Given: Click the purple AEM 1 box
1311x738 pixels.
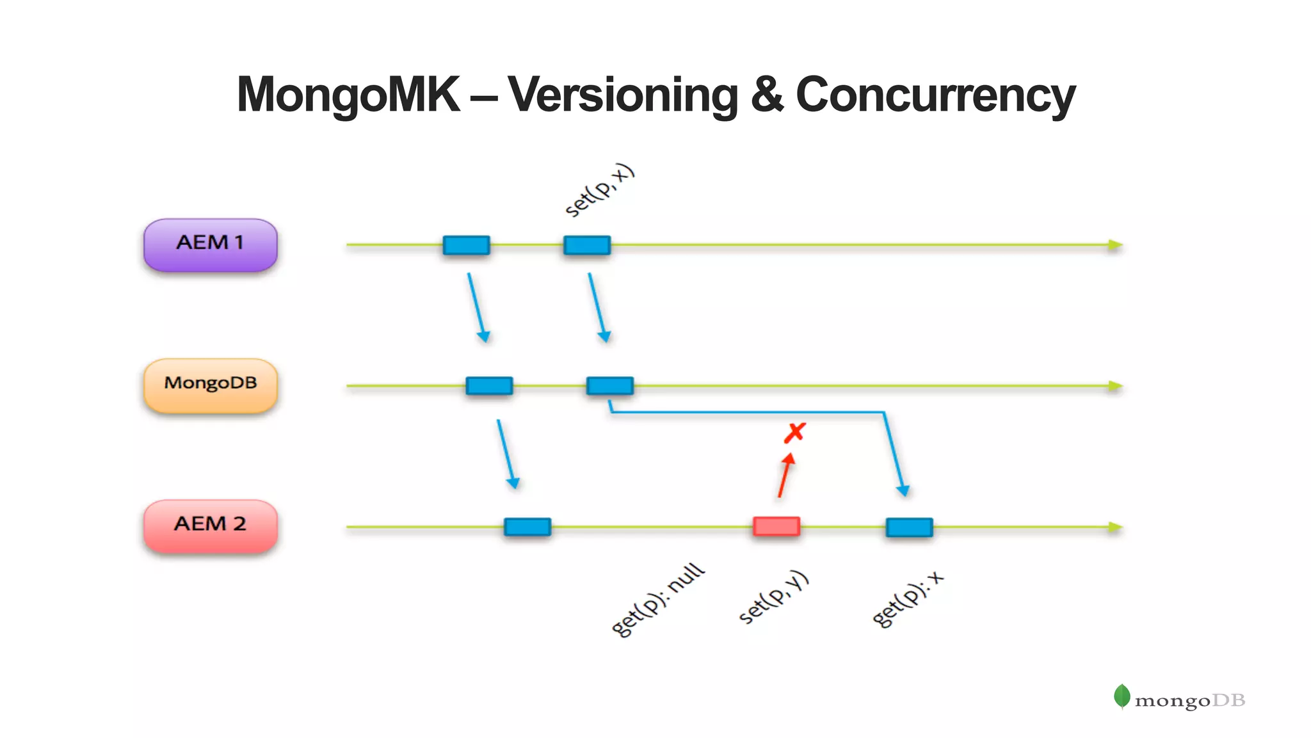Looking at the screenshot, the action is tap(210, 245).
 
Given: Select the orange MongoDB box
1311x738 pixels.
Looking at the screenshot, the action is tap(210, 385).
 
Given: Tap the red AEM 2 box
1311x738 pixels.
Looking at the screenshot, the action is tap(210, 525).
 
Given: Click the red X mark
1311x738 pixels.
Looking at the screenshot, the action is tap(794, 433).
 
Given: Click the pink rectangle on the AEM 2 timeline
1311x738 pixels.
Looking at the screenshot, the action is tap(776, 526).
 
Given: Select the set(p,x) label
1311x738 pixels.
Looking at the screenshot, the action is tap(599, 190).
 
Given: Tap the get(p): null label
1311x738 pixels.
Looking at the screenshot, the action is tap(657, 600).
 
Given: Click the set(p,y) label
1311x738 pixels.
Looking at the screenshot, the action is tap(773, 597).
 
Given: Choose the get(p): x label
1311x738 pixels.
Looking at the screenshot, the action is tap(907, 599).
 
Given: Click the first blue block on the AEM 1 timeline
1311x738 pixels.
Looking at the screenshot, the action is tap(466, 245).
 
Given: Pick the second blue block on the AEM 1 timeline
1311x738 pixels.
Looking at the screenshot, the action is tap(586, 245).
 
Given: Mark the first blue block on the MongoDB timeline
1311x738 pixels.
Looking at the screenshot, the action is tap(489, 385).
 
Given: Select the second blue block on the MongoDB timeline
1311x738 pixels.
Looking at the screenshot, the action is tap(609, 385).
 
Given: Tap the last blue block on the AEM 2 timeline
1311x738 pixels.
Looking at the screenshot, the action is tap(909, 527).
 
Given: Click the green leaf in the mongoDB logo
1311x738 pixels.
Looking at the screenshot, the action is tap(1122, 696).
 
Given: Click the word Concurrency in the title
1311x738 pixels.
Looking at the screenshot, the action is tap(935, 95).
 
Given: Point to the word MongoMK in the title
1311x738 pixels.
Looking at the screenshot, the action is tap(348, 95).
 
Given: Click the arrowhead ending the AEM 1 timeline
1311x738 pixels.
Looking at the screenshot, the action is tap(1115, 245).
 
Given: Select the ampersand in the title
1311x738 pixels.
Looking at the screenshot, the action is tap(767, 95).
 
